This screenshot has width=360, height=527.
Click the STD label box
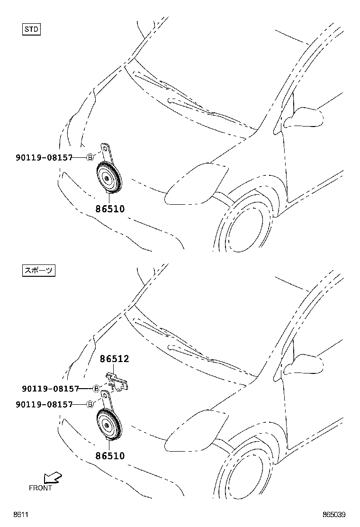32,29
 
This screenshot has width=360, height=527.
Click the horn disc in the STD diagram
108,178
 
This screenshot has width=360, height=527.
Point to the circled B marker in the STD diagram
90,157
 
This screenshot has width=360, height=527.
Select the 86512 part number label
114,360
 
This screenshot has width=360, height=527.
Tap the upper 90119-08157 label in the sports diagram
50,389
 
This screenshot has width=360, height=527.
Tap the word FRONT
40,488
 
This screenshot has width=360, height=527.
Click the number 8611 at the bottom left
20,515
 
